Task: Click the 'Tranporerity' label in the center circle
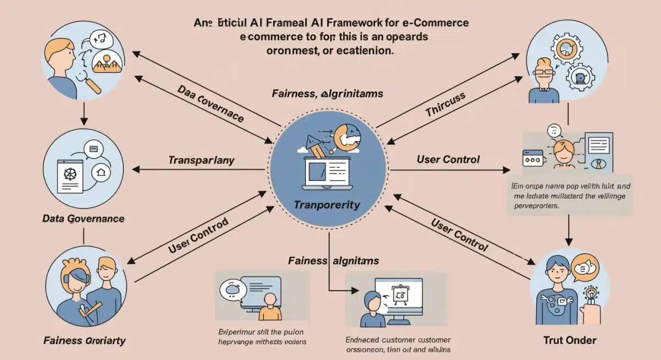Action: point(327,205)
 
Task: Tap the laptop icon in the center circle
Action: point(327,175)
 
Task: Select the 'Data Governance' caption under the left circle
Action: point(83,219)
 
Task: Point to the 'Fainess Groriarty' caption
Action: point(84,341)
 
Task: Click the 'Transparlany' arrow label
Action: point(201,161)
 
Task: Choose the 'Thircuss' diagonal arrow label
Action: point(445,105)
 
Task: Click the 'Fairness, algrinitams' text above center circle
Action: point(327,94)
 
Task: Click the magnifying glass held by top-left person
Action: point(91,83)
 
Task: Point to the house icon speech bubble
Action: point(100,172)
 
